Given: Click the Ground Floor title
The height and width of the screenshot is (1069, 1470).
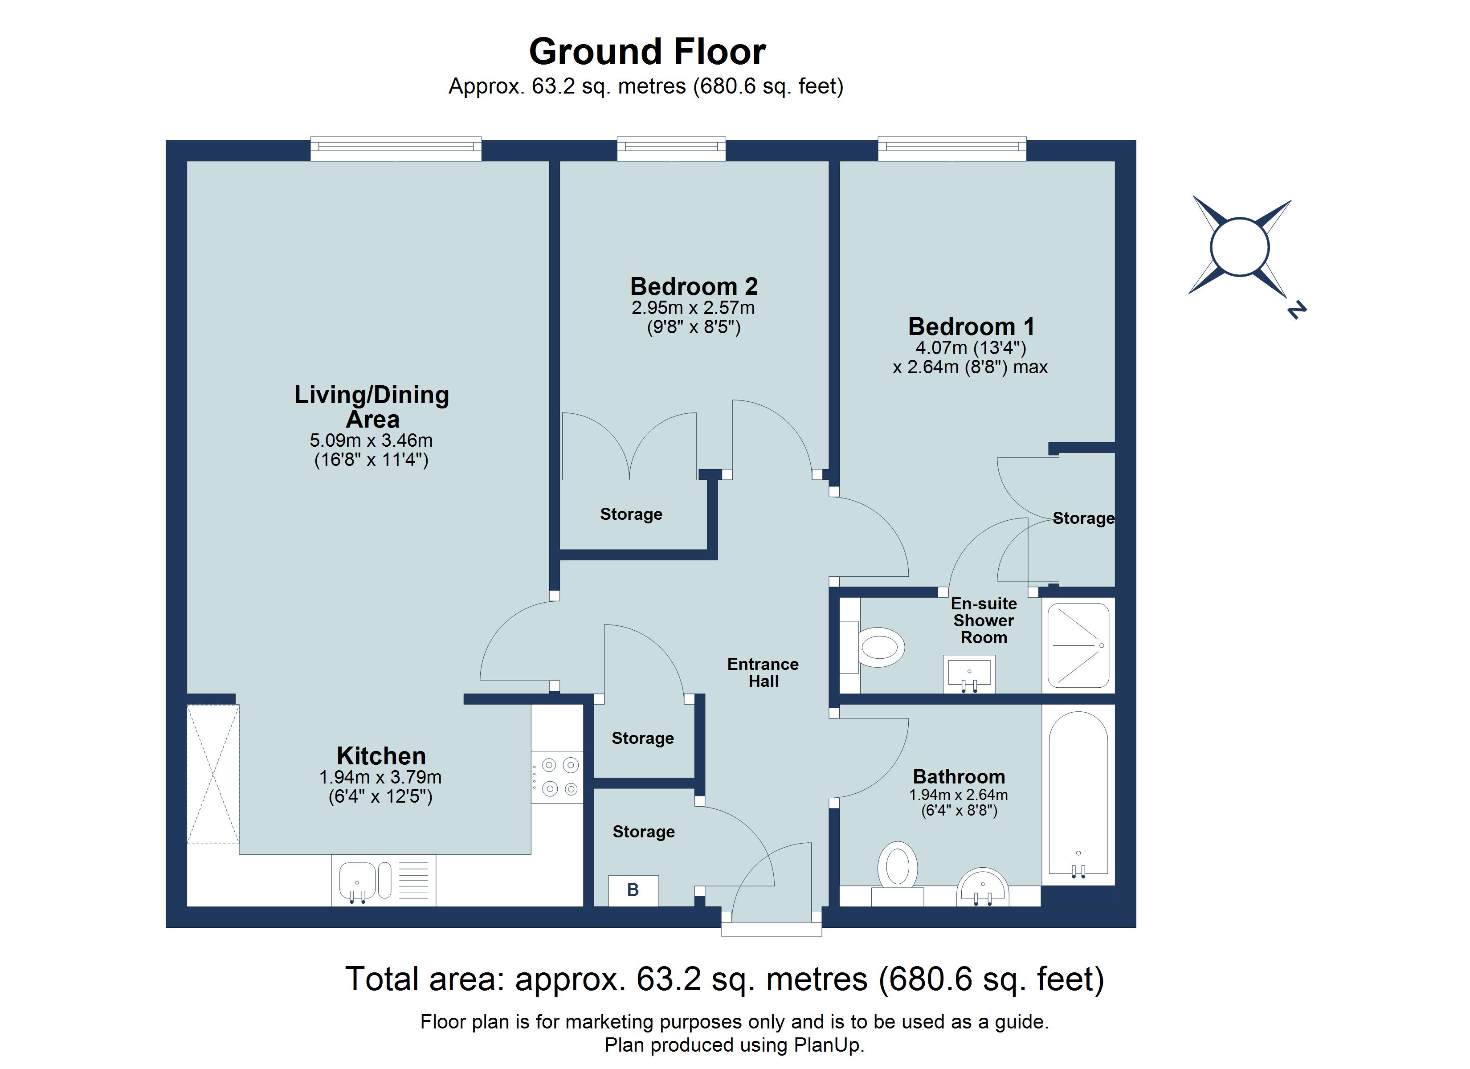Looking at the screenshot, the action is tap(648, 51).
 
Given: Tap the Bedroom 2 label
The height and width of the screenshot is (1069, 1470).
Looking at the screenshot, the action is tap(694, 286).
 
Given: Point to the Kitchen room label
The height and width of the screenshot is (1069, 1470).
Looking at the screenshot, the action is tap(381, 756).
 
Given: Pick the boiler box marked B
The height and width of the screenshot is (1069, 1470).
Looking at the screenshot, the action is tap(633, 890).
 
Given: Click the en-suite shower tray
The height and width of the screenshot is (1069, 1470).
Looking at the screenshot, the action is tap(1078, 645).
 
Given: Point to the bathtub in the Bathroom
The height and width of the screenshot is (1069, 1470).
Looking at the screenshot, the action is tap(1078, 795).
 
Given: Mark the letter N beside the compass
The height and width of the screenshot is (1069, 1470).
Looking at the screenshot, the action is tap(1296, 310).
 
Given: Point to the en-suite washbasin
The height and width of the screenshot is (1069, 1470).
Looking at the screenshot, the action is tap(969, 673).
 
